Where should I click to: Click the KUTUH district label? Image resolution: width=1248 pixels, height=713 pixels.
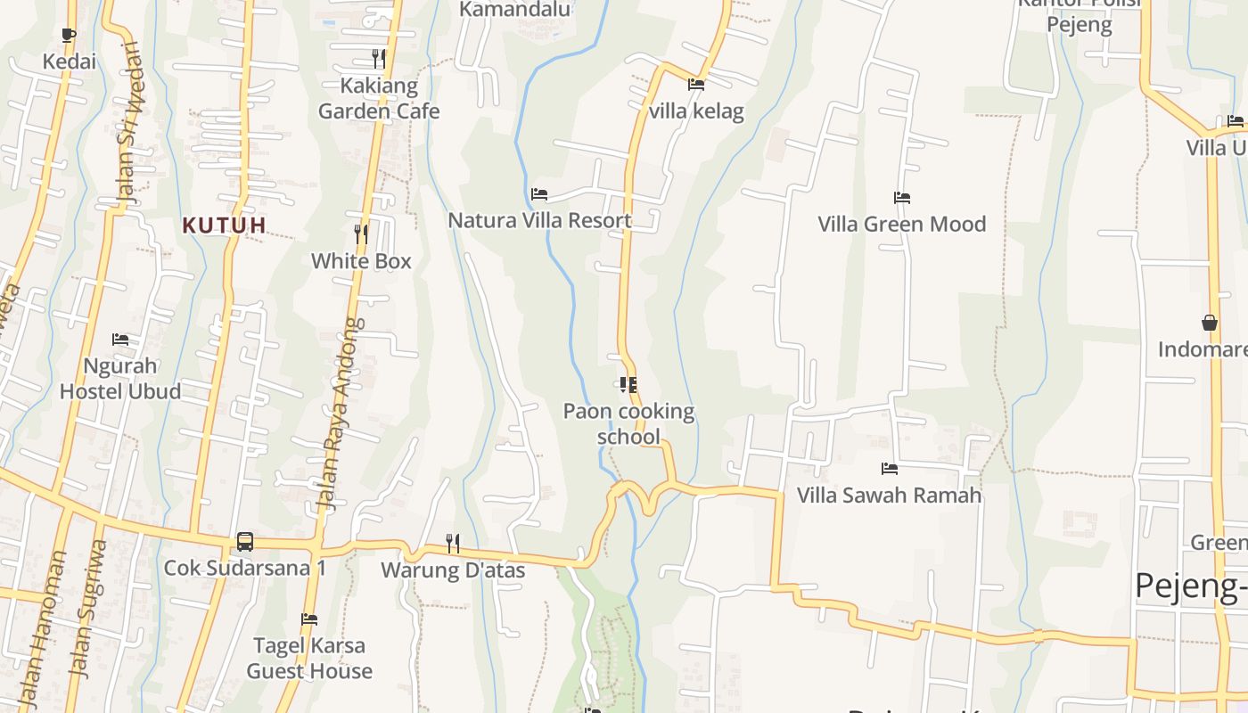click(x=225, y=225)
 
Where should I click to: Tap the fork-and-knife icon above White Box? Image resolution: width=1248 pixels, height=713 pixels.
click(x=361, y=234)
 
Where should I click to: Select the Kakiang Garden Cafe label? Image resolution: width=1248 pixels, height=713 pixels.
click(x=379, y=98)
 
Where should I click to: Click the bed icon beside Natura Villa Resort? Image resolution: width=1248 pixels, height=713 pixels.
click(x=539, y=194)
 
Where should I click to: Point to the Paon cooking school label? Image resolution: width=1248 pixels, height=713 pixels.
click(x=628, y=423)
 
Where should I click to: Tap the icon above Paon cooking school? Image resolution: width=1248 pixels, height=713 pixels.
click(x=628, y=385)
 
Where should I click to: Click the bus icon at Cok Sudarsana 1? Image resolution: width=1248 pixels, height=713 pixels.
click(x=244, y=542)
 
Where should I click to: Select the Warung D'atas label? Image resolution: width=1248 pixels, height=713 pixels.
click(x=453, y=570)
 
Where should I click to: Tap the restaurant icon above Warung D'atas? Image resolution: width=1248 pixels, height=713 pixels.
click(x=453, y=543)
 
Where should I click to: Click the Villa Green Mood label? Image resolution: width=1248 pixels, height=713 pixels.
click(x=902, y=224)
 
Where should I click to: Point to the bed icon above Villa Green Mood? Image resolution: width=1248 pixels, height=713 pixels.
click(x=902, y=198)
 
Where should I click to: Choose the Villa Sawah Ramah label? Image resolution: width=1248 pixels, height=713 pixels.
click(x=889, y=495)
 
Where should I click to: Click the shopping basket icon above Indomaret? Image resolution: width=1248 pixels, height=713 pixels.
click(x=1210, y=323)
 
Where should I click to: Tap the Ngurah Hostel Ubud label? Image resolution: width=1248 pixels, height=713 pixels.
click(x=120, y=378)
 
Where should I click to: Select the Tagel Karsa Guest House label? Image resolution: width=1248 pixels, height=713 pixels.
click(x=309, y=658)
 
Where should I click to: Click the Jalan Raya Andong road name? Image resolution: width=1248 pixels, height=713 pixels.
click(x=343, y=414)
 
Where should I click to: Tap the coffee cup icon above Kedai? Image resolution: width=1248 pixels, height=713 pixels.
click(x=69, y=36)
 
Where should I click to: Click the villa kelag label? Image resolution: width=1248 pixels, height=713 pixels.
click(x=696, y=111)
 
